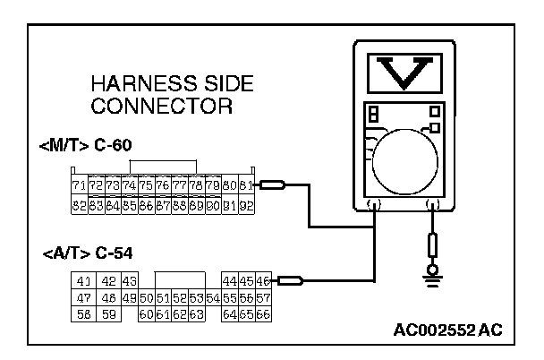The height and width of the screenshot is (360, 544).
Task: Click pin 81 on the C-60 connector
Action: (245, 186)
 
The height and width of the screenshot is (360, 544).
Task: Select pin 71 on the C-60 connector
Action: (79, 186)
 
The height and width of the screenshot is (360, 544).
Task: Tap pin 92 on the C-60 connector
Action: (245, 205)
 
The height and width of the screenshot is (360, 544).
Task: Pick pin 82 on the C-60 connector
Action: (79, 205)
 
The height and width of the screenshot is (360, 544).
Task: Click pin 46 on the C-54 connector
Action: (263, 281)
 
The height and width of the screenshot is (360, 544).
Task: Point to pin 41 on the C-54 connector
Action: (85, 281)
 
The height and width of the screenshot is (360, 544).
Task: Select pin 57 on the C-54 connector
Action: (263, 297)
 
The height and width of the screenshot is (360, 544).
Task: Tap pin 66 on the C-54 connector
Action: (263, 314)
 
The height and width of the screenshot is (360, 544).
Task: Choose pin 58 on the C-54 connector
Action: (85, 314)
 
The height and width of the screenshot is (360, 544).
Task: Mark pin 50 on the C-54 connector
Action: (147, 297)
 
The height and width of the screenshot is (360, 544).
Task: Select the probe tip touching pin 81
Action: (272, 186)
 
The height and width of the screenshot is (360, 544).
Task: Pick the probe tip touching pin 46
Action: (290, 281)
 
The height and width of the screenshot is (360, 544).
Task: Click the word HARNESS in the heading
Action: (134, 85)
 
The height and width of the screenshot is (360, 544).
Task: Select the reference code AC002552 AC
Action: (447, 330)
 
